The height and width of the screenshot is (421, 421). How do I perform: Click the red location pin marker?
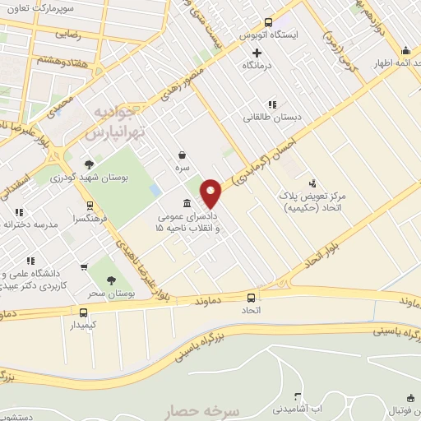(x=211, y=193)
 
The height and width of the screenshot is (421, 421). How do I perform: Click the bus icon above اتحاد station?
(x=251, y=298)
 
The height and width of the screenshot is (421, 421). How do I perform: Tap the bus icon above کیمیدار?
(x=84, y=312)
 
